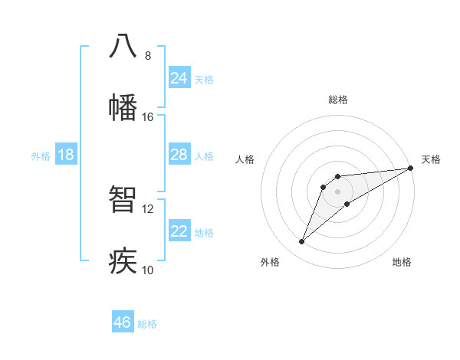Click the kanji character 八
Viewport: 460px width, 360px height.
(x=123, y=46)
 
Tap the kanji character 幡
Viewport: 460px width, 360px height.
(x=123, y=107)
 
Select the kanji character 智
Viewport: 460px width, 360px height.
(x=123, y=199)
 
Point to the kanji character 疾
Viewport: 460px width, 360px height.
(x=123, y=260)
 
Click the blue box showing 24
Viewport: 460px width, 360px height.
(x=179, y=78)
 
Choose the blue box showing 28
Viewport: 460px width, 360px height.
(x=179, y=155)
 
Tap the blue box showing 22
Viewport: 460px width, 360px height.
(x=179, y=231)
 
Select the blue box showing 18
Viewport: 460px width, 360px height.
(x=65, y=155)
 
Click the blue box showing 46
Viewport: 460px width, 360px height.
(x=122, y=322)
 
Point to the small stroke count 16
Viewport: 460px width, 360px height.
(x=148, y=117)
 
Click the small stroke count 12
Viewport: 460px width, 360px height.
(x=148, y=209)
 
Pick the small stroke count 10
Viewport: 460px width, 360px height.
(x=148, y=270)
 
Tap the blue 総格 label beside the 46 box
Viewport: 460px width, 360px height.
(x=147, y=324)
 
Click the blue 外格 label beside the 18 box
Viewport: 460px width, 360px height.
(x=41, y=156)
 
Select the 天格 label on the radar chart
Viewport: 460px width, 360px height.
(x=431, y=159)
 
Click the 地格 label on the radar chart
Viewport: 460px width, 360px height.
(x=402, y=262)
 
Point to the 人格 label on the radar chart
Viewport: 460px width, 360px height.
(x=245, y=159)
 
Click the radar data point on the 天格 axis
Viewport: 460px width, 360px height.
(x=410, y=168)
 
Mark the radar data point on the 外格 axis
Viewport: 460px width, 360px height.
(x=302, y=242)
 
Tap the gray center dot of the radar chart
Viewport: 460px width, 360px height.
(x=337, y=191)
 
